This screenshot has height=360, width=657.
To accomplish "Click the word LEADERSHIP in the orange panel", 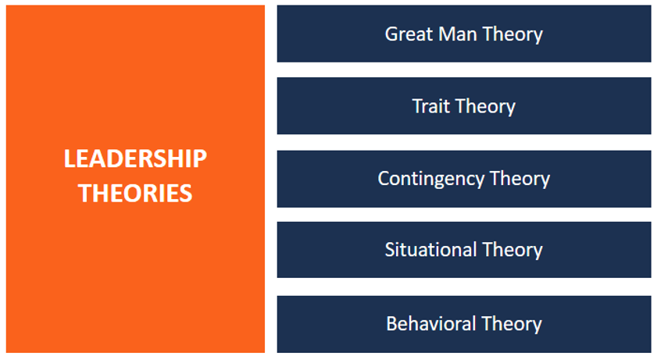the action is tap(135, 159).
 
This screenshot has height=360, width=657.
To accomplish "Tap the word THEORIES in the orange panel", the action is tap(135, 194).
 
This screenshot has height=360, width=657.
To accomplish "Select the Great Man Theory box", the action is tap(464, 34).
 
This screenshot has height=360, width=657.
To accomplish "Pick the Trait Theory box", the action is tap(464, 106).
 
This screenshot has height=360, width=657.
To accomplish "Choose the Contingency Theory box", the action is tap(464, 179).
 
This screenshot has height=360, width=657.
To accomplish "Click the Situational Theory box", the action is tap(464, 250).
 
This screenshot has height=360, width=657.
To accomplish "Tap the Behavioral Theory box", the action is tap(464, 324).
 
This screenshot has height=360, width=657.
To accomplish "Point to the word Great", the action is tap(409, 34).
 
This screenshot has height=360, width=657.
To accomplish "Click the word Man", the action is tap(457, 34).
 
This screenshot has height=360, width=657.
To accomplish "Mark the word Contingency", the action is tap(430, 179).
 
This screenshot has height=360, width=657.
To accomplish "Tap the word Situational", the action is tap(430, 250).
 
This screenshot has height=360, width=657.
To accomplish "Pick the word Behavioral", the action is tap(431, 324).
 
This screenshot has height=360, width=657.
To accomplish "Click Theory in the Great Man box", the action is tap(512, 34).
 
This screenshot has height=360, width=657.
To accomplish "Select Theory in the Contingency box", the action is tap(520, 180).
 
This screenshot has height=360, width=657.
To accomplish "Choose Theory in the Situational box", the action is tap(512, 251).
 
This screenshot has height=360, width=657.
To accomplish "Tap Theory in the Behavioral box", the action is tap(512, 325).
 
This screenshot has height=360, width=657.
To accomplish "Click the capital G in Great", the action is tap(391, 34).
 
